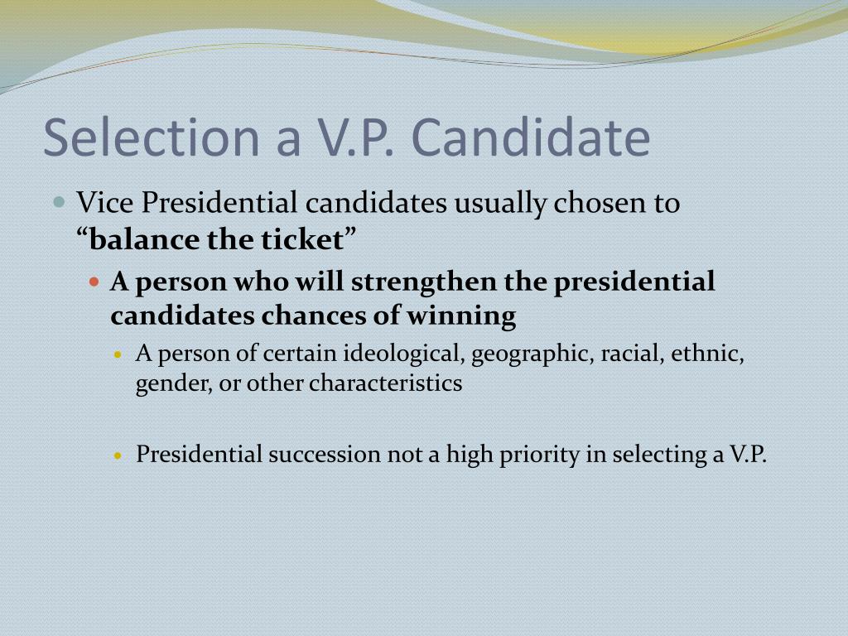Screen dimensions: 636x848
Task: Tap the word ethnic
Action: tap(706, 354)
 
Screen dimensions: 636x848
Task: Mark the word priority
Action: tap(539, 455)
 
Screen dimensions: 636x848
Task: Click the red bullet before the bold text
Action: tap(94, 282)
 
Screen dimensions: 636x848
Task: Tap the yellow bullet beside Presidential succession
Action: tap(118, 455)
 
